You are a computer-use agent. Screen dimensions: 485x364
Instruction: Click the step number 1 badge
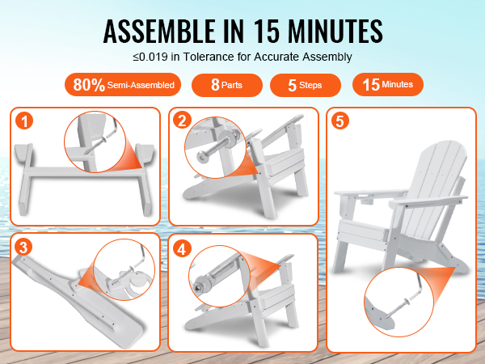[x=24, y=121]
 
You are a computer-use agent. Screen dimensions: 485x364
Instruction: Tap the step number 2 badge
[x=182, y=120]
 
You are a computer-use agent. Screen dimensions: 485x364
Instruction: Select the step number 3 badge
[x=23, y=247]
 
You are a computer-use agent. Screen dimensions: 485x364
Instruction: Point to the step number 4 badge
[x=182, y=248]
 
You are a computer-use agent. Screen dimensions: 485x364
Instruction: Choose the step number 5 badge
[x=340, y=121]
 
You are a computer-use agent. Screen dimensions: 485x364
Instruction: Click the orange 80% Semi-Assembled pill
[x=123, y=84]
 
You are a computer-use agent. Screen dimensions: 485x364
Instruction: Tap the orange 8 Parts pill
[x=227, y=85]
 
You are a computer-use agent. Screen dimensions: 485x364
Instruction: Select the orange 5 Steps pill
[x=306, y=85]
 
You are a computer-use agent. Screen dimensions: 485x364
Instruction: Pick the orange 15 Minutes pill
[x=388, y=84]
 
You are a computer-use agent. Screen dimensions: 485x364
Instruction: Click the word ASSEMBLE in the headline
[x=159, y=31]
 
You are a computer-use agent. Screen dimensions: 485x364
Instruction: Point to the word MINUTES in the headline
[x=335, y=31]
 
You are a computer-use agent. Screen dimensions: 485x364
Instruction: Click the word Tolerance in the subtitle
[x=209, y=57]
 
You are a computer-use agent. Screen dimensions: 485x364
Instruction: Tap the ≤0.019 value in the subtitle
[x=150, y=57]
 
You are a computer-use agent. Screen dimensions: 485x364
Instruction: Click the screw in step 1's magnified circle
[x=98, y=145]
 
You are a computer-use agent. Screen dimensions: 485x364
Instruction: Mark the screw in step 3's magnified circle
[x=123, y=276]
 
